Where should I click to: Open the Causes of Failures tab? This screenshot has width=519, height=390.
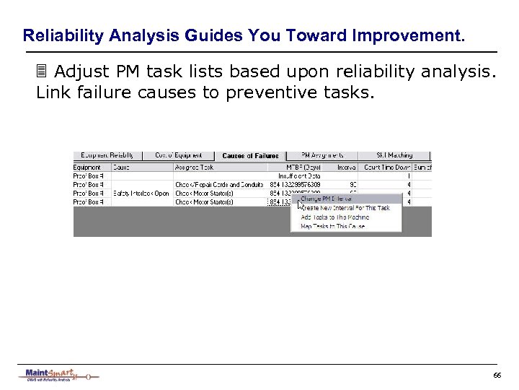(x=250, y=156)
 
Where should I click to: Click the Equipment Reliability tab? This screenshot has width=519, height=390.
(x=107, y=155)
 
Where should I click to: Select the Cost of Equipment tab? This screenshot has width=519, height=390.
(x=178, y=155)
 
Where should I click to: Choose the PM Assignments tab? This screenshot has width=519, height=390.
(x=322, y=155)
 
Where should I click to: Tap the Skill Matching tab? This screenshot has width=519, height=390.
(x=395, y=155)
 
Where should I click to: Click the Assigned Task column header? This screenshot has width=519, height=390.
(x=195, y=167)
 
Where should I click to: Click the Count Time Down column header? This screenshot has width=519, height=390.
(x=387, y=167)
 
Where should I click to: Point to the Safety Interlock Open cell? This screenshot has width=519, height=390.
(x=141, y=194)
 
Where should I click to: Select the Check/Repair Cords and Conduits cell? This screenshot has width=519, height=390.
(x=220, y=185)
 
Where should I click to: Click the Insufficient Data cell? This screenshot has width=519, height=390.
(x=299, y=175)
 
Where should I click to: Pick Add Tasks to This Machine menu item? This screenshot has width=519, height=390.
(x=335, y=217)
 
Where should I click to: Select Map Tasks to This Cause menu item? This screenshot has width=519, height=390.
(x=333, y=227)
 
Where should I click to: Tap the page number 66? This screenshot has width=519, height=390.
(x=497, y=376)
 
